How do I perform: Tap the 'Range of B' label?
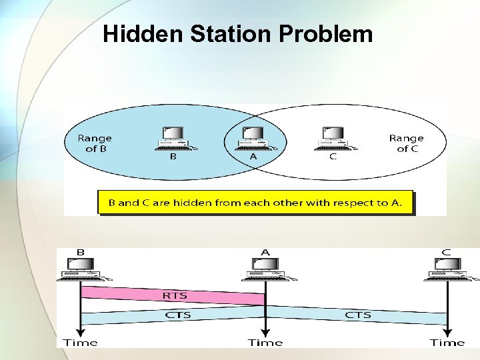pos(95,143)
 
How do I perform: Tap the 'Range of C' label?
pos(406,143)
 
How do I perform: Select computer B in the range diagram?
pos(173,138)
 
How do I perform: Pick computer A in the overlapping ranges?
pos(253,138)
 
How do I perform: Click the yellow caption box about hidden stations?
pos(255,203)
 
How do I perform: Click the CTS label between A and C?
pos(357,315)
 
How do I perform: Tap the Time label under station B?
pos(80,343)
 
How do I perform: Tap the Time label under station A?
pos(265,343)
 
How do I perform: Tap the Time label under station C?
pos(447,343)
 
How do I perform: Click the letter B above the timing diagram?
pos(81,253)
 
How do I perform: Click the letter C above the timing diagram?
pos(446,253)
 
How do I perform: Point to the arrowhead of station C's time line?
pos(447,331)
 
